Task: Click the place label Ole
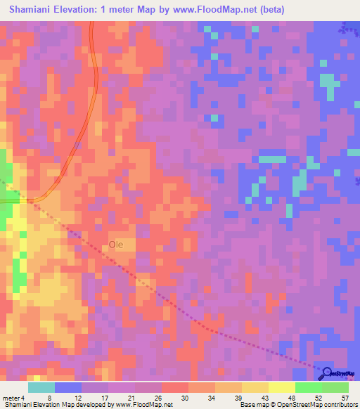(116, 245)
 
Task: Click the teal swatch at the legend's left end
(41, 387)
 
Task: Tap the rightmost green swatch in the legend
(335, 387)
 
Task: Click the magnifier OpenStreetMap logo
(327, 373)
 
